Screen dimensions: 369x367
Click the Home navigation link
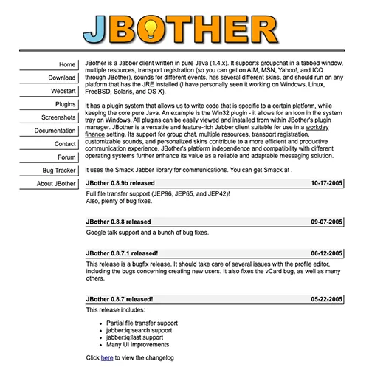pyautogui.click(x=66, y=65)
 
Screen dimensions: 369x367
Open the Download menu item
pyautogui.click(x=62, y=78)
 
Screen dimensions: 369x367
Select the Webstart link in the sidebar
pyautogui.click(x=63, y=91)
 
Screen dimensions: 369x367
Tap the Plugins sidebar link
pyautogui.click(x=65, y=104)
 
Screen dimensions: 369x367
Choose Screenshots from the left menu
pyautogui.click(x=58, y=117)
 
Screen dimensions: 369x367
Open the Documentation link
pyautogui.click(x=55, y=131)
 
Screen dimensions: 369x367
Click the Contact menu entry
pyautogui.click(x=65, y=144)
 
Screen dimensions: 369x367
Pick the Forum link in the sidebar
pyautogui.click(x=67, y=157)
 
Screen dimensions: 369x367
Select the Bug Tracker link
pyautogui.click(x=59, y=171)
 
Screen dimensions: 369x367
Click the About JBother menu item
pyautogui.click(x=55, y=184)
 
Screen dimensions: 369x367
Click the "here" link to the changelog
pyautogui.click(x=107, y=357)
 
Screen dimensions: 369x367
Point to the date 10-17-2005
pyautogui.click(x=326, y=182)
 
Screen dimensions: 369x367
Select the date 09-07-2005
pyautogui.click(x=326, y=222)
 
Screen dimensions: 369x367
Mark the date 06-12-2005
pyautogui.click(x=326, y=252)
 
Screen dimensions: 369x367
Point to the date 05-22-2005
pyautogui.click(x=326, y=299)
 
